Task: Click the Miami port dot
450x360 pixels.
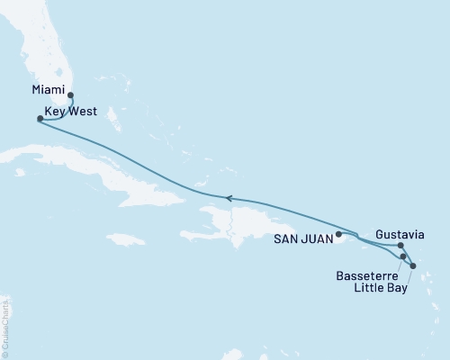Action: pyautogui.click(x=70, y=94)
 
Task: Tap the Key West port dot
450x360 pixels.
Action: pyautogui.click(x=40, y=118)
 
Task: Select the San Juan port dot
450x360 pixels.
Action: pyautogui.click(x=338, y=235)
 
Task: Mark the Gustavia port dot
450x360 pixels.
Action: pyautogui.click(x=400, y=244)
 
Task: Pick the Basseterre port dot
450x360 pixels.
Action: pyautogui.click(x=404, y=256)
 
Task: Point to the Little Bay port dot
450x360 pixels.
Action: pyautogui.click(x=412, y=265)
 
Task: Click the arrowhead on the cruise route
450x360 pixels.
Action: pyautogui.click(x=229, y=198)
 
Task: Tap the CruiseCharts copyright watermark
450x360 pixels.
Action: pyautogui.click(x=5, y=325)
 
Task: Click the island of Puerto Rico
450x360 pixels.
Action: pyautogui.click(x=346, y=238)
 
